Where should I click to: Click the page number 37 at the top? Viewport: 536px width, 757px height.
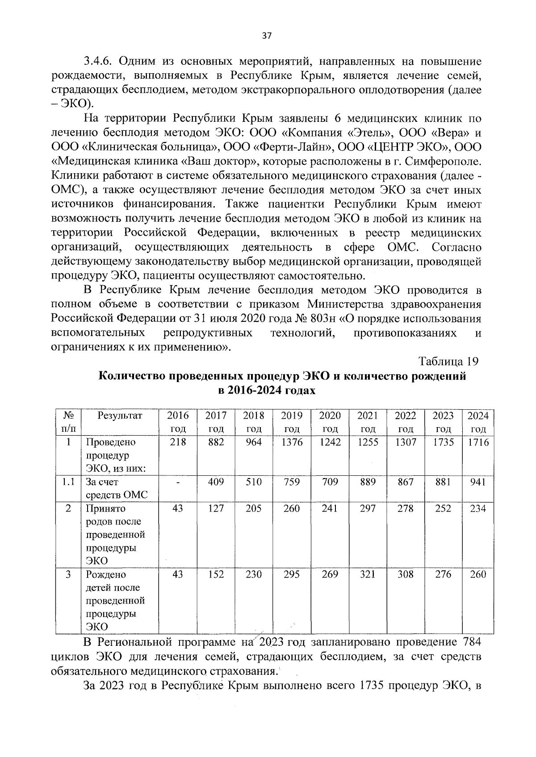coord(267,37)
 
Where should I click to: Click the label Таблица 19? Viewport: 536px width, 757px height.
coord(448,361)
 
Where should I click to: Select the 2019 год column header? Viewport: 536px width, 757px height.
coord(292,422)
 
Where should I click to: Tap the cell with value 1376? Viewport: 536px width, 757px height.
coord(292,442)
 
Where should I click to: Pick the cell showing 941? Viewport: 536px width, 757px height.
coord(477,482)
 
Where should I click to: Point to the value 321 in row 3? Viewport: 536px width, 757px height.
coord(368,574)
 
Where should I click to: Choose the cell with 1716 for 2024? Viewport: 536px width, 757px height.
coord(477,442)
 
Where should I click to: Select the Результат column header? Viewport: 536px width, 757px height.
coord(120,416)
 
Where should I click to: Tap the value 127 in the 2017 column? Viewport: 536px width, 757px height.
coord(216,508)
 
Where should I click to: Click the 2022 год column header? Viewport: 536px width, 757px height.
coord(406,422)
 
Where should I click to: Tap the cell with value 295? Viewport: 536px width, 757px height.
coord(292,574)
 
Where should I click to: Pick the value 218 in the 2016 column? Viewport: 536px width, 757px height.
coord(178,442)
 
